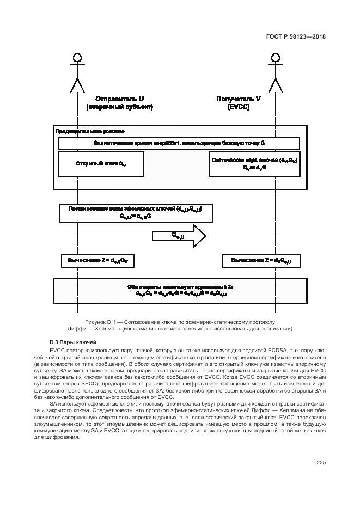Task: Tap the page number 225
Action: point(321,463)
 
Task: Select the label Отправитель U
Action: point(119,99)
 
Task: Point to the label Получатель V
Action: point(239,99)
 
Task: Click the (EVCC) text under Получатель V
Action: point(239,107)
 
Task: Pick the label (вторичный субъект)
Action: point(119,107)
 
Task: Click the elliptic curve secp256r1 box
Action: point(179,143)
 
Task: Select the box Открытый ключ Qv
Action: point(101,164)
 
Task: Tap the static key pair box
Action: point(254,164)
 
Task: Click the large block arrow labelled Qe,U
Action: point(179,236)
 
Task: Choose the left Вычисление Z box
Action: point(97,261)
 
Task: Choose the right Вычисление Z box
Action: point(261,261)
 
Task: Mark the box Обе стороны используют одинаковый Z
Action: point(179,290)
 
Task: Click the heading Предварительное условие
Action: point(90,132)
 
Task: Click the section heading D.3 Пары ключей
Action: point(72,342)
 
